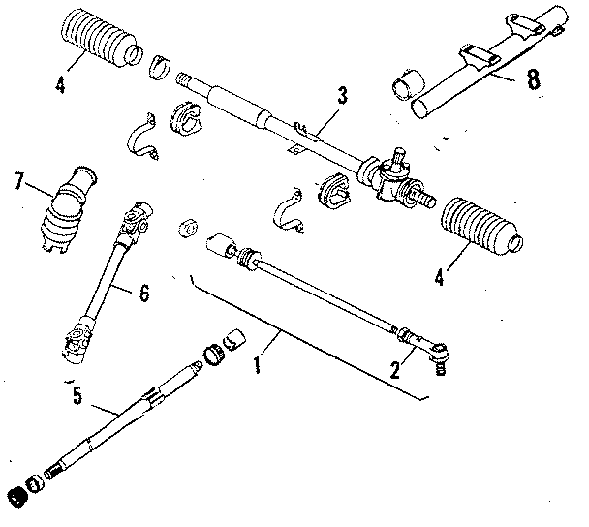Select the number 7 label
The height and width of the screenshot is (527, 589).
coord(18,179)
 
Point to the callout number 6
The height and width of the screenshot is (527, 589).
coord(142,290)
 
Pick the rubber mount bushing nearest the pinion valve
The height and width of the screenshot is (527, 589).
coord(334,192)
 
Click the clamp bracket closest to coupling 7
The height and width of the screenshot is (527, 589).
coord(143,135)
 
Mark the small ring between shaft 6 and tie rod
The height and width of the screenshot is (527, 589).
coord(187,228)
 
